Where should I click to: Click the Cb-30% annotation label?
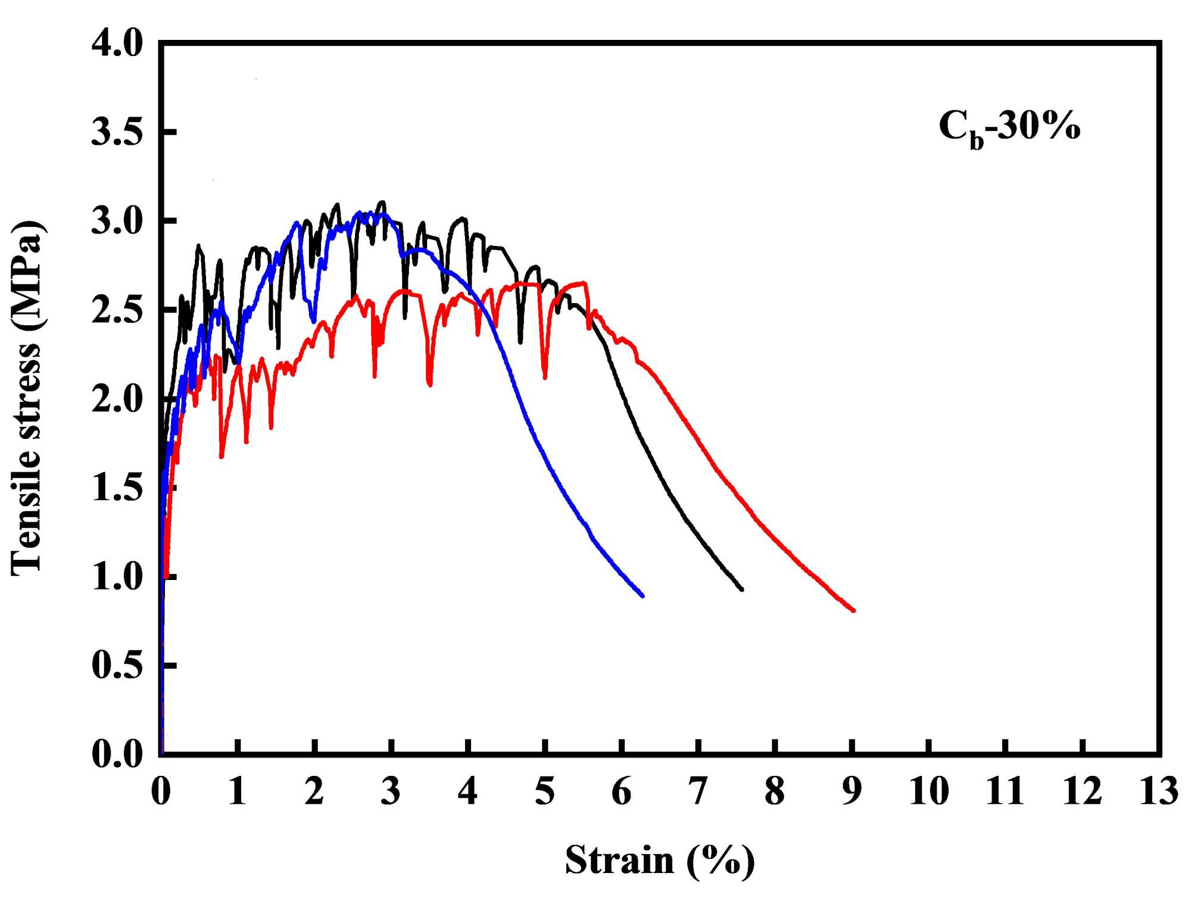click(x=1009, y=127)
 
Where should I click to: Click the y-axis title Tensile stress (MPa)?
click(x=27, y=398)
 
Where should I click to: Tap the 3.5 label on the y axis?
click(x=117, y=132)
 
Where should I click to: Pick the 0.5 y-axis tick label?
click(x=117, y=665)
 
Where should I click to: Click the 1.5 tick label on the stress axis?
click(x=117, y=488)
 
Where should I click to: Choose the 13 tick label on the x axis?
click(x=1158, y=791)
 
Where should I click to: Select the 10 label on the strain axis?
click(x=928, y=791)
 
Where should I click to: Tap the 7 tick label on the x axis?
click(x=698, y=791)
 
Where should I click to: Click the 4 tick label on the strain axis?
click(x=468, y=791)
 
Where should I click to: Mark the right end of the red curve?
click(x=853, y=610)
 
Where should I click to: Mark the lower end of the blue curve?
click(x=642, y=595)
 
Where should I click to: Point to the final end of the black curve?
click(x=741, y=589)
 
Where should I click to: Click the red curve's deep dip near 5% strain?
click(x=544, y=376)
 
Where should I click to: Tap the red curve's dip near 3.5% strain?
click(x=429, y=384)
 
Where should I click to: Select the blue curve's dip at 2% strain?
click(x=314, y=322)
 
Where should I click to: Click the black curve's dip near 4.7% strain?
click(x=520, y=342)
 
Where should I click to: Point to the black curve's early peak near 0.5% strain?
click(x=198, y=246)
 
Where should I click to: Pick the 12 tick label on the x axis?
click(x=1082, y=791)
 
